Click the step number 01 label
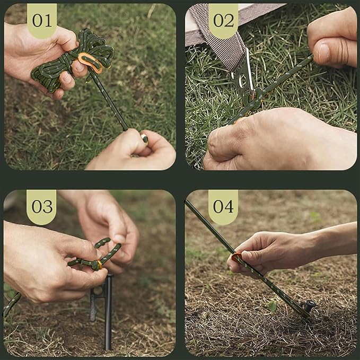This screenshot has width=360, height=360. click(x=42, y=20)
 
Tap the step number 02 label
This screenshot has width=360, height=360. click(x=223, y=20)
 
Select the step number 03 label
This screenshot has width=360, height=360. click(x=42, y=206)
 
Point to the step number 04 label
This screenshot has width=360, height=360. click(x=223, y=206)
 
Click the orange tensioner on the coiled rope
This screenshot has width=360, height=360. click(x=90, y=62)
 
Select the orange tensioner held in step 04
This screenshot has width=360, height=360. click(x=237, y=259)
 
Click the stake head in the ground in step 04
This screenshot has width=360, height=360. click(x=308, y=306)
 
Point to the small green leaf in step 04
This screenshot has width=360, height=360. click(x=272, y=306)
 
